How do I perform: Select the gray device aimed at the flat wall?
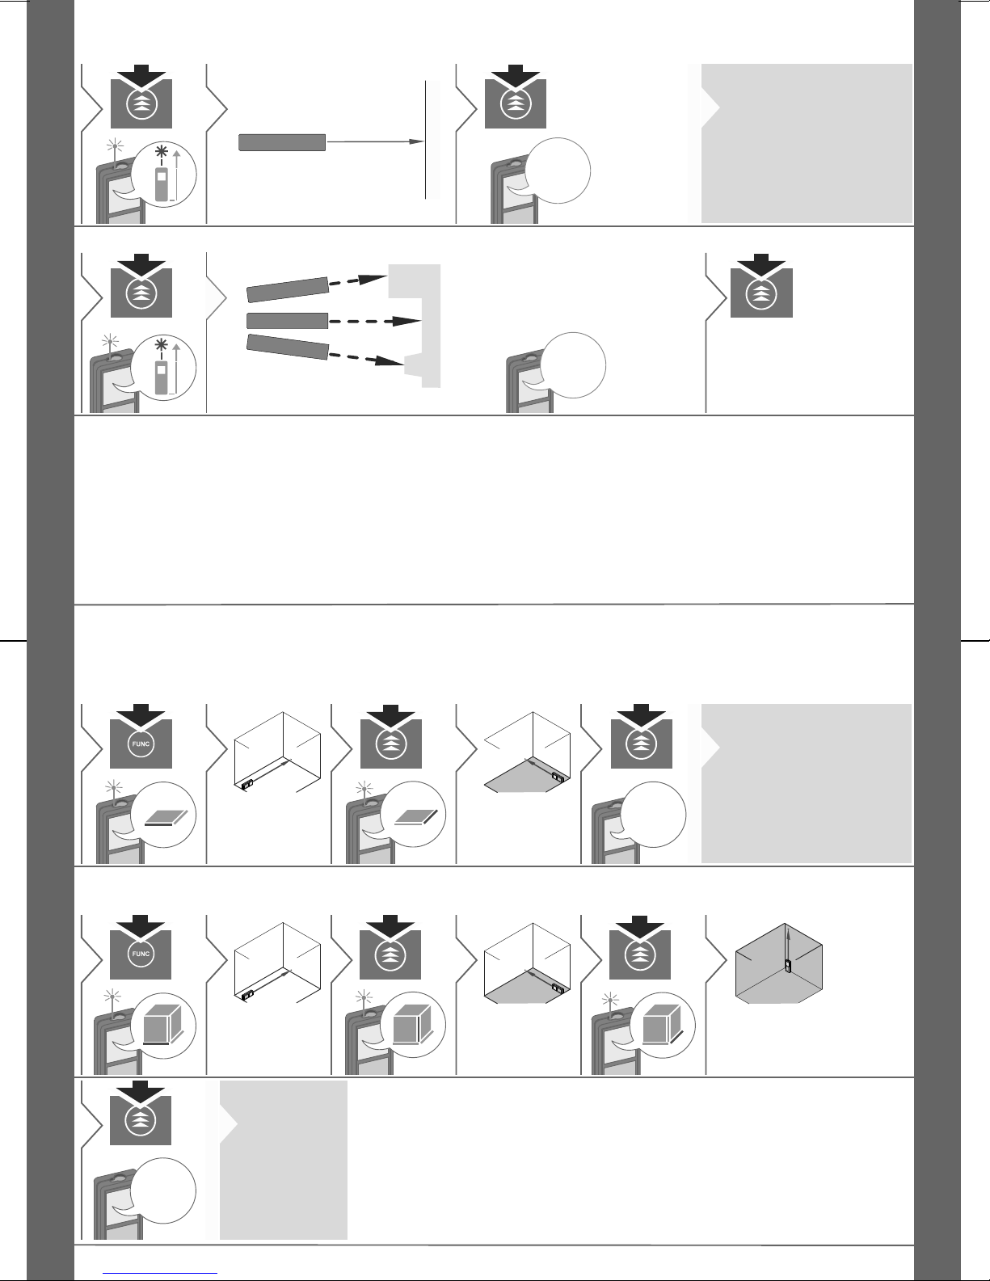[282, 143]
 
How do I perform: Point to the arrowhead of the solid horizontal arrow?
[417, 141]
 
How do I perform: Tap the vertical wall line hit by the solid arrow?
[425, 140]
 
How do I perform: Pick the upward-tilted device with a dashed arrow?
[288, 289]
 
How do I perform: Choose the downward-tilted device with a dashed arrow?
[288, 347]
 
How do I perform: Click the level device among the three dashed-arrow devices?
[287, 321]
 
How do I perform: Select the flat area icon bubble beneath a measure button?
[413, 815]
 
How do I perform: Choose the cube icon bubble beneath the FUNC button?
[163, 1025]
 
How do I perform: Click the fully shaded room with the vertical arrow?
[778, 963]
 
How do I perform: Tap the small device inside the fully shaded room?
[788, 966]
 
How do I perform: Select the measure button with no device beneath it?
[761, 286]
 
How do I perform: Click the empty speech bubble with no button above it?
[573, 365]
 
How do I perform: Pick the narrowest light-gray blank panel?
[284, 1160]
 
